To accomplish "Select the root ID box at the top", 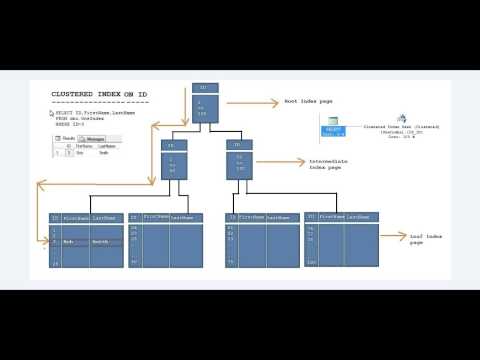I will coord(203,100).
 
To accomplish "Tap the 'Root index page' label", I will coord(306,101).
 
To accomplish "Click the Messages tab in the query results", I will coord(95,138).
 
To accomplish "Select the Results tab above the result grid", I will coord(70,138).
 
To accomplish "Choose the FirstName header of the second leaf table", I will coord(155,216).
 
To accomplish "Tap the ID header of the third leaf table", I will coord(232,216).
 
